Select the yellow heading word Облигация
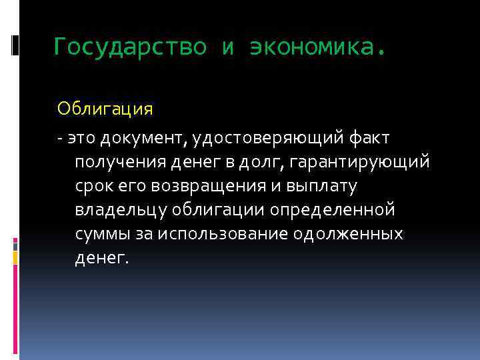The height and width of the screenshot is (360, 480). pyautogui.click(x=105, y=108)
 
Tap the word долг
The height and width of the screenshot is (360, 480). pyautogui.click(x=260, y=163)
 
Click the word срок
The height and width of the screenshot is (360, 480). pyautogui.click(x=93, y=187)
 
